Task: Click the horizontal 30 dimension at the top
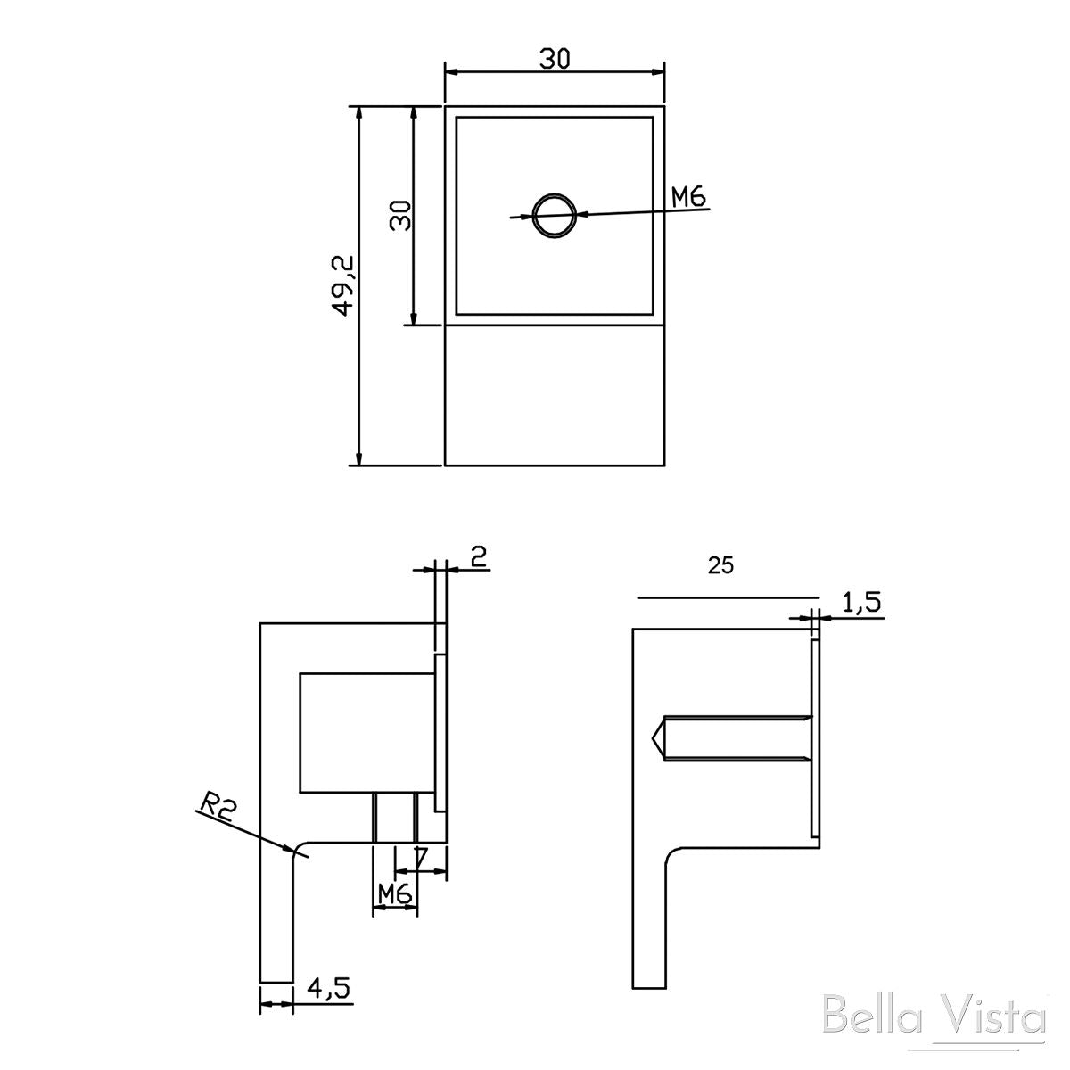554,59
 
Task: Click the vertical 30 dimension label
401,215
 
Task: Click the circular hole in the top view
555,216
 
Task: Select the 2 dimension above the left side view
478,557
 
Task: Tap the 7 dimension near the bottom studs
421,859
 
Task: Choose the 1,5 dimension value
861,604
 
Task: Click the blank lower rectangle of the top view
555,395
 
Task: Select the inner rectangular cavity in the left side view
366,732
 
